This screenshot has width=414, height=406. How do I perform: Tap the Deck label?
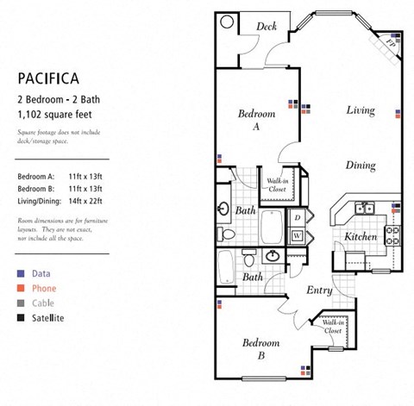tap(267, 27)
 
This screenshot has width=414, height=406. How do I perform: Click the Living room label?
tap(361, 110)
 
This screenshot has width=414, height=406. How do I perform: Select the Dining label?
tap(361, 166)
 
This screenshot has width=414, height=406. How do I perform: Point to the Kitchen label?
tap(361, 236)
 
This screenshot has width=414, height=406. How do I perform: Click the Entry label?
tap(319, 290)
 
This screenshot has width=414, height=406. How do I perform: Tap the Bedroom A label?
tap(257, 120)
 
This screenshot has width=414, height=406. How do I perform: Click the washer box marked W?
tap(297, 234)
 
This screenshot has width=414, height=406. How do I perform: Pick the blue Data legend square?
tap(21, 272)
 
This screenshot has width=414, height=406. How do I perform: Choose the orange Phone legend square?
tap(21, 288)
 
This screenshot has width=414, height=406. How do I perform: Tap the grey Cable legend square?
tap(21, 303)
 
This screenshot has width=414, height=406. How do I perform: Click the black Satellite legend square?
tap(21, 319)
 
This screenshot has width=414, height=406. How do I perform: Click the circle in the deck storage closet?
tap(228, 23)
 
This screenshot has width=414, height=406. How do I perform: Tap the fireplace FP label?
tap(389, 40)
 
